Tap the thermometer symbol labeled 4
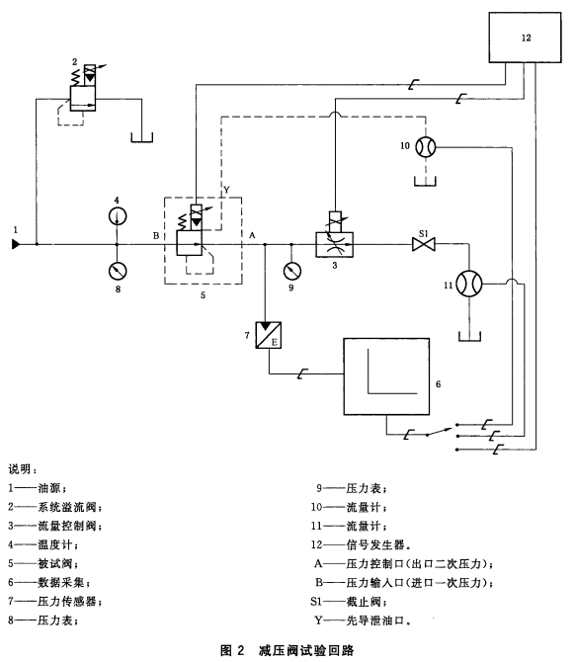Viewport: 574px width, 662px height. [118, 216]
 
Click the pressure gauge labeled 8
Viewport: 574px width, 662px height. [118, 271]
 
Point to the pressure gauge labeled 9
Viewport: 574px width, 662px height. [292, 271]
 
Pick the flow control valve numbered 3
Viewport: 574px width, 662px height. [335, 235]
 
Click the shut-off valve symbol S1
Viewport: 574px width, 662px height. [423, 244]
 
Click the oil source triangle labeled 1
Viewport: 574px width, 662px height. [16, 244]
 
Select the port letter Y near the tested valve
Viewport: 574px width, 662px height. [226, 190]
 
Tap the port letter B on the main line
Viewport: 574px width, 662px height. [156, 235]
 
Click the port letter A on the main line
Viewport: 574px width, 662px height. [252, 235]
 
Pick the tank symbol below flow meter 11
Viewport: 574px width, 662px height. [469, 339]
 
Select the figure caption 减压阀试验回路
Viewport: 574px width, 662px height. [306, 650]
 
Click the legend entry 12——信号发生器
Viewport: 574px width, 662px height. [361, 544]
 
